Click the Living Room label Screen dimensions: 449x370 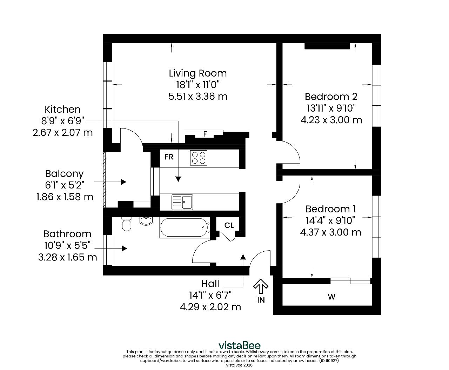point(197,73)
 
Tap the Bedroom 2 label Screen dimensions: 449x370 point(331,97)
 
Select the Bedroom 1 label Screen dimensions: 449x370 point(330,209)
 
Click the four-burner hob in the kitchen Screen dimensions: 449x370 point(199,158)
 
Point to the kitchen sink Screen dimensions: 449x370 point(182,202)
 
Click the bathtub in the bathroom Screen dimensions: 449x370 point(185,228)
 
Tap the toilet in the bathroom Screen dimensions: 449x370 point(126,224)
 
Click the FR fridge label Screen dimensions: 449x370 point(169,157)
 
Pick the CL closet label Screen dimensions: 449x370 point(229,225)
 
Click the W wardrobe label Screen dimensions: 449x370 point(331,297)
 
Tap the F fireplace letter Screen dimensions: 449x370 point(205,134)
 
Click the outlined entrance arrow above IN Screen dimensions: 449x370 point(261,286)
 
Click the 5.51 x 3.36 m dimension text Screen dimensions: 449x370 point(198,96)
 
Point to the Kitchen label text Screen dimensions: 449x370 point(62,109)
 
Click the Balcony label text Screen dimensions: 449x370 point(64,174)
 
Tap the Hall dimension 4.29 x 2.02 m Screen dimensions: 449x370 point(210,307)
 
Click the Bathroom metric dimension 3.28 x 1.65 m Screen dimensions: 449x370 point(67,257)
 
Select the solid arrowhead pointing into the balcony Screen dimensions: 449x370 point(123,182)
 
